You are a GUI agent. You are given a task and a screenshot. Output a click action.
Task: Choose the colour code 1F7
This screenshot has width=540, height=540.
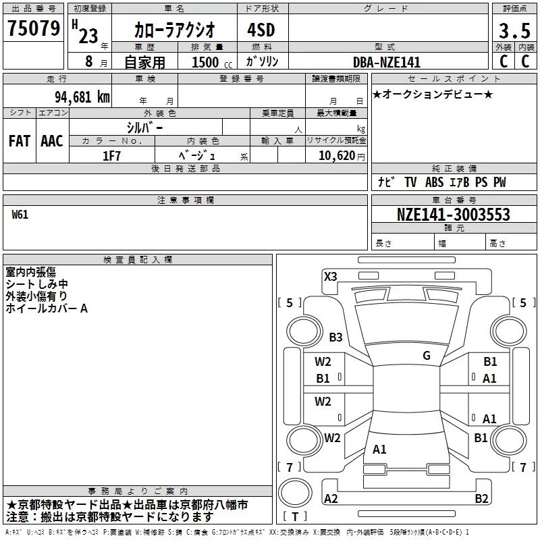[111, 155]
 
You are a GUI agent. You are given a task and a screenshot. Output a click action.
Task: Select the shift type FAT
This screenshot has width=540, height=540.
[19, 141]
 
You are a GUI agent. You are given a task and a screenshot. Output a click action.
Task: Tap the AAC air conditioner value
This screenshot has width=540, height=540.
[51, 141]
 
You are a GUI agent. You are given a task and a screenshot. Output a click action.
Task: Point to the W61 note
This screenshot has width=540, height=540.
[20, 215]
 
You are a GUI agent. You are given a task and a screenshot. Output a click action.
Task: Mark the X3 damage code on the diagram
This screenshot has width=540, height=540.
[331, 276]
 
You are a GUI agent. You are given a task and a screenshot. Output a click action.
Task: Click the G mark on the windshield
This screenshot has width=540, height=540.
[427, 356]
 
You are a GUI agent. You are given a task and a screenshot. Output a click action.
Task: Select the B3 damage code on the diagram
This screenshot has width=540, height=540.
[335, 337]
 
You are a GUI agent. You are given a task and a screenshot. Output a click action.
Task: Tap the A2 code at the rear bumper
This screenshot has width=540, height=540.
[331, 499]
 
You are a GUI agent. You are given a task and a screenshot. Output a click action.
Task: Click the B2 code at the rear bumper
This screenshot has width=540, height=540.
[481, 499]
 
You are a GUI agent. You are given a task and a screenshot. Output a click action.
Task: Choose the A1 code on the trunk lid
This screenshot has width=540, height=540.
[379, 450]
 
